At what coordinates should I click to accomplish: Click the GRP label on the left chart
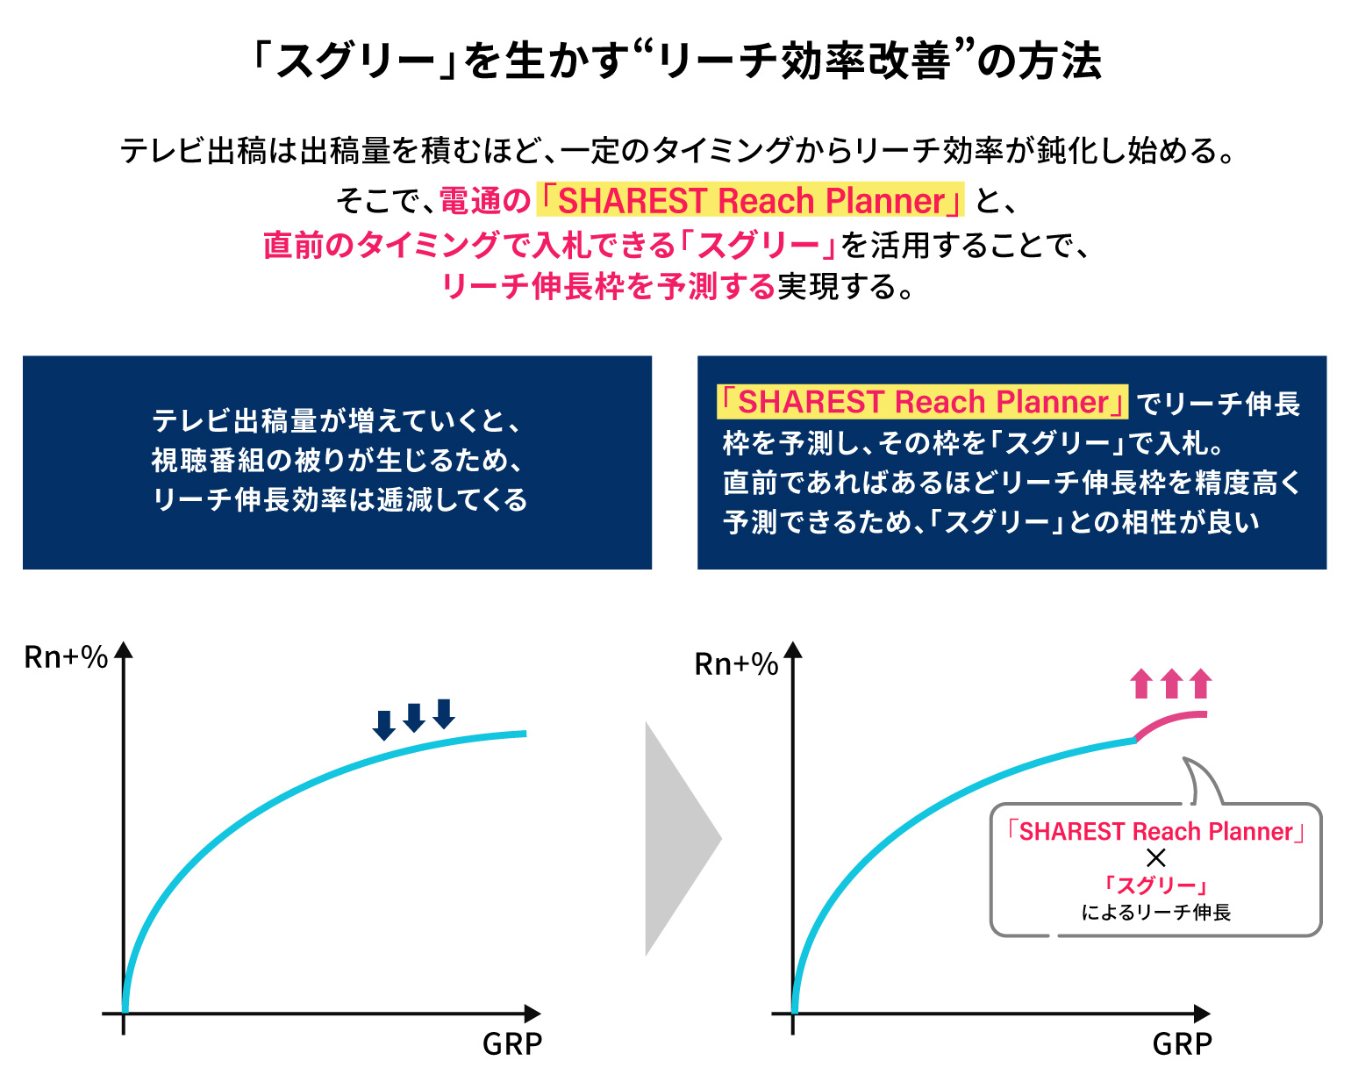click(511, 1043)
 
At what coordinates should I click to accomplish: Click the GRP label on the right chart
click(1182, 1043)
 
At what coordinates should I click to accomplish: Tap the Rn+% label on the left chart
click(66, 657)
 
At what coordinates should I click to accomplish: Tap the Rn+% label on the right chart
click(736, 663)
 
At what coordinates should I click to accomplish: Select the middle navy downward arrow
click(414, 718)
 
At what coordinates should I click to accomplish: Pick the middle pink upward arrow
click(1171, 684)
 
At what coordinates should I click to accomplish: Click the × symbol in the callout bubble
click(1155, 858)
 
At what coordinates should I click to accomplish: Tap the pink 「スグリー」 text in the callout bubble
click(1155, 885)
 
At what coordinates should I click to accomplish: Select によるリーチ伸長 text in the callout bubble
click(1155, 912)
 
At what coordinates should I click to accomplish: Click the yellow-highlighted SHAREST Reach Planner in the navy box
click(922, 401)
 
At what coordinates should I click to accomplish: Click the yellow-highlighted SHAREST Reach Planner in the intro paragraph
click(749, 200)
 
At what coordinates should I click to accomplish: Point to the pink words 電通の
click(485, 201)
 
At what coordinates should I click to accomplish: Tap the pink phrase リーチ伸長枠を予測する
click(609, 286)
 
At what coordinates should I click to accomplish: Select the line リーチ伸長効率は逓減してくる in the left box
click(339, 499)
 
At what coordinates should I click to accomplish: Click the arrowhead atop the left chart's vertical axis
click(124, 649)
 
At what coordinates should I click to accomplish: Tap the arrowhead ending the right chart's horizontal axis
click(1202, 1013)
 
